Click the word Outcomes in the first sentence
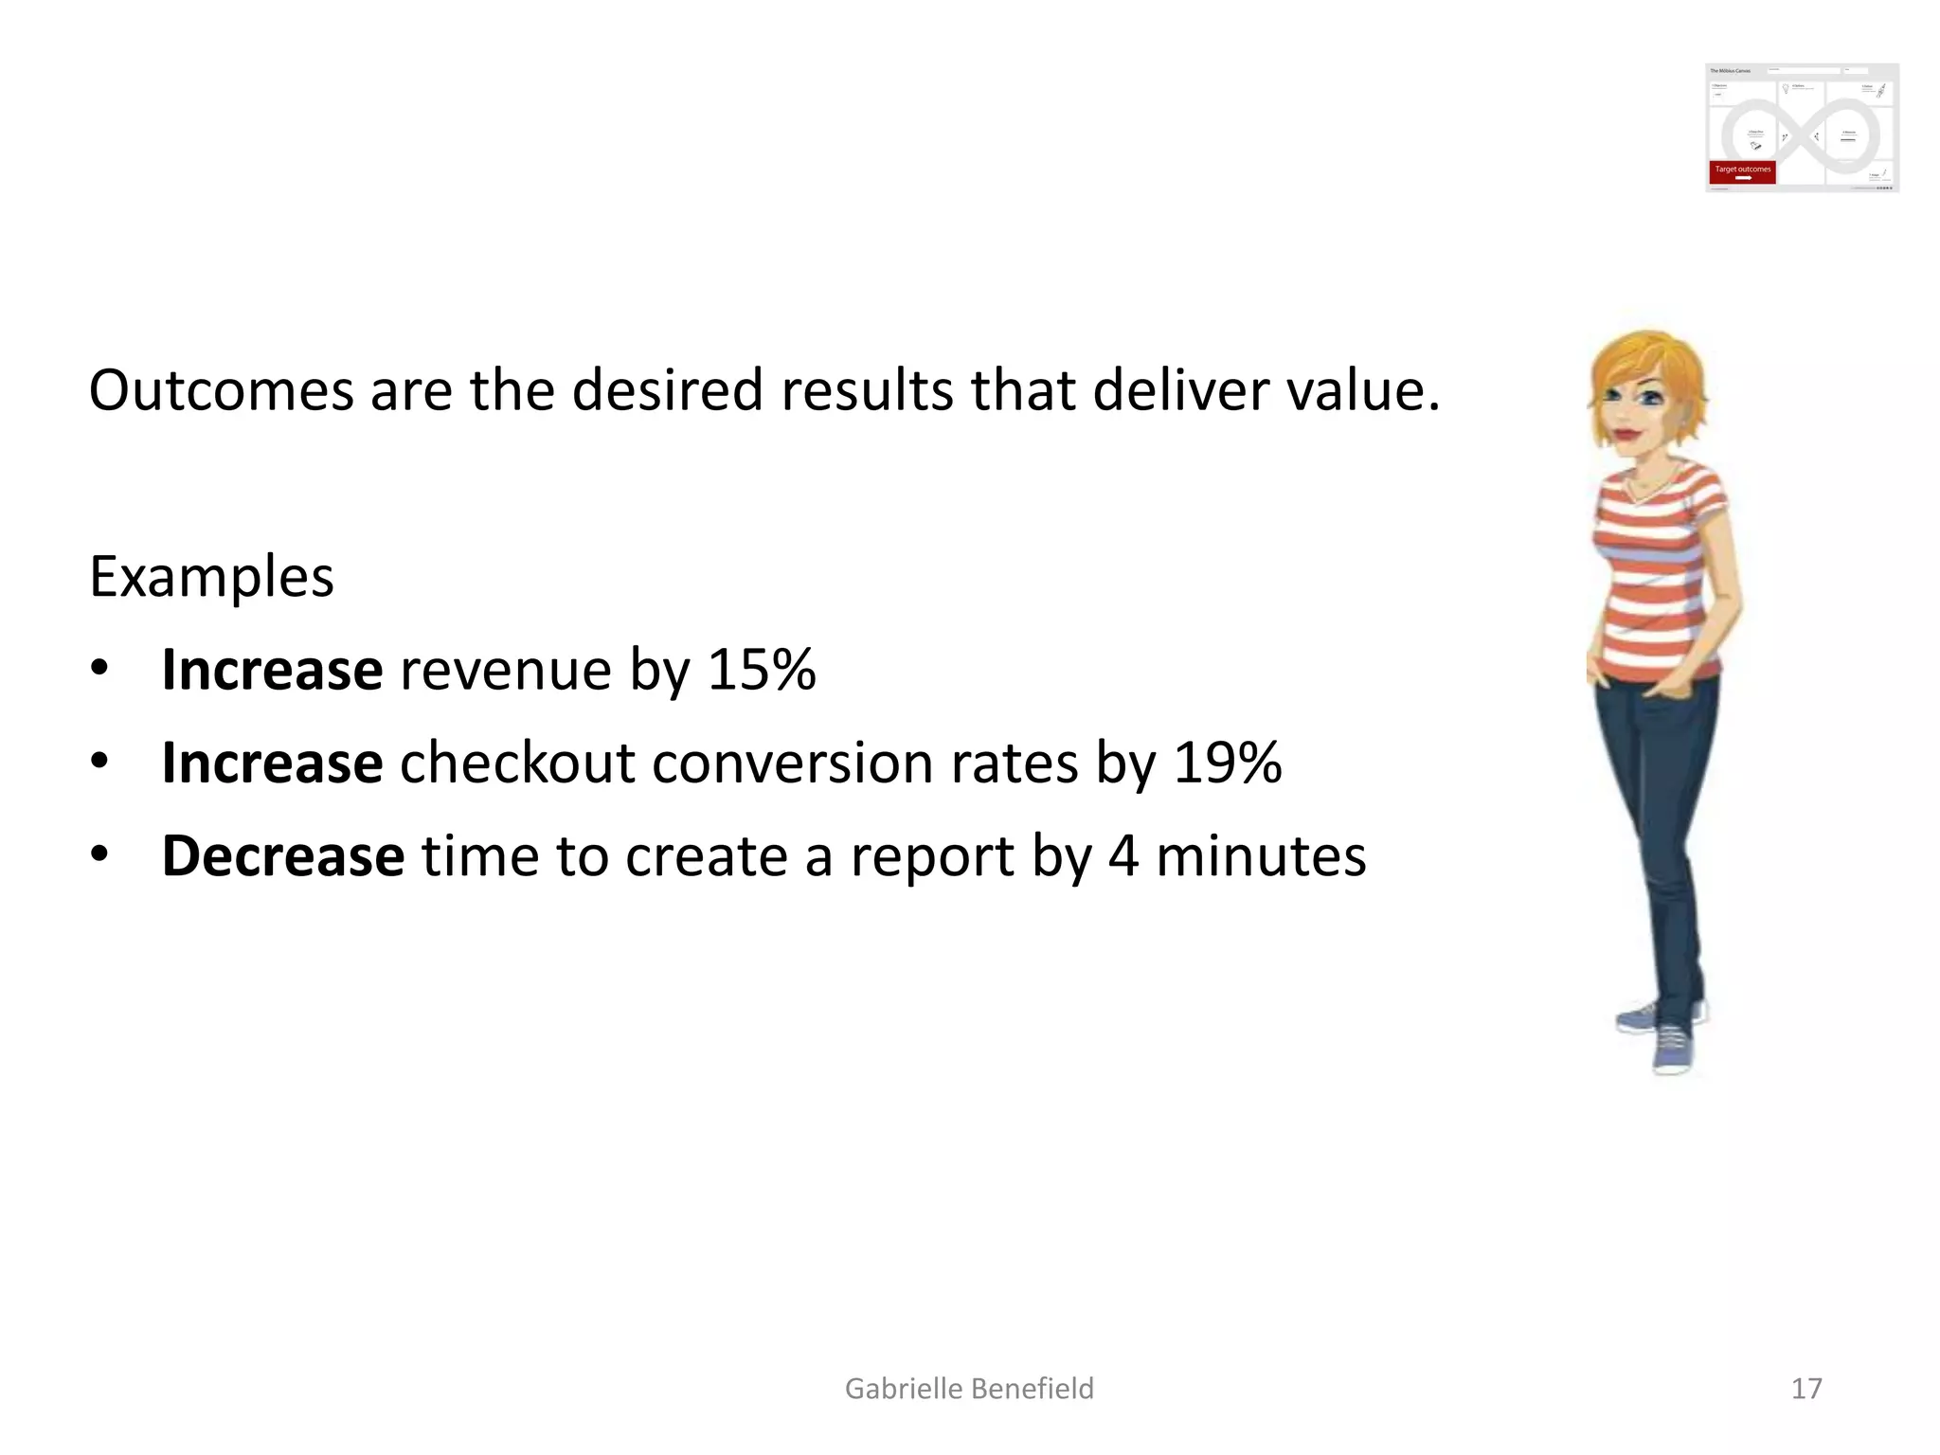pos(220,390)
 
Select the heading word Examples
pos(211,577)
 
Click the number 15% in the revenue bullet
pos(761,670)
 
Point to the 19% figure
pos(1227,763)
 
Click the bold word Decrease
pos(283,856)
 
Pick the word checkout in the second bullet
pos(517,763)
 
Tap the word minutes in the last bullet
pos(1261,856)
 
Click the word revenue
pos(506,670)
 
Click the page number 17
pos(1805,1389)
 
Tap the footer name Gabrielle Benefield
pos(969,1389)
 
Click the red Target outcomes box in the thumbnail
pos(1742,171)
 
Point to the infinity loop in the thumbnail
pos(1800,136)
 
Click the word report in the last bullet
pos(932,856)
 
